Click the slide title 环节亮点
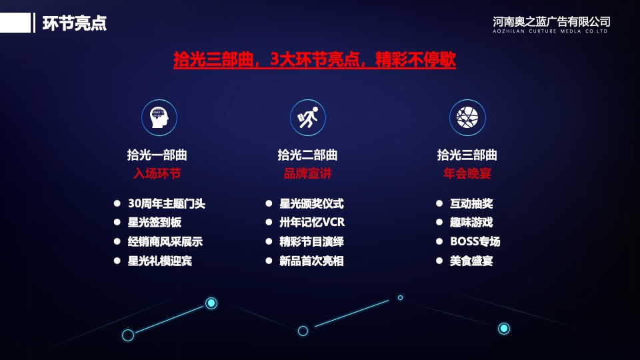coord(75,23)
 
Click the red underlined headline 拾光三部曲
coord(314,59)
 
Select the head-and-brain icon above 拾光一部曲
coord(159,117)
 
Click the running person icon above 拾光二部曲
coord(307,117)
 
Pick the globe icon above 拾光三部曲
coord(467,117)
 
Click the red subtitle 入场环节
coord(157,174)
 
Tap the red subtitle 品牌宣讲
coord(307,174)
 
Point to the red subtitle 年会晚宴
coord(467,174)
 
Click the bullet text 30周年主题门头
coord(166,204)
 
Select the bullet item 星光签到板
coord(154,223)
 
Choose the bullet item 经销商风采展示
coord(165,242)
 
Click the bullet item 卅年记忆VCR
coord(311,223)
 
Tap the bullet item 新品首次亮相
coord(311,261)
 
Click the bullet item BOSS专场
coord(475,242)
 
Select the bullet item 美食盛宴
coord(471,261)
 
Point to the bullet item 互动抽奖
coord(471,204)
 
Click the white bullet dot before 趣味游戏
coord(439,222)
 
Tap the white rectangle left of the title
coord(15,23)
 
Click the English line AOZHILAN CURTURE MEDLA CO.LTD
coord(551,31)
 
